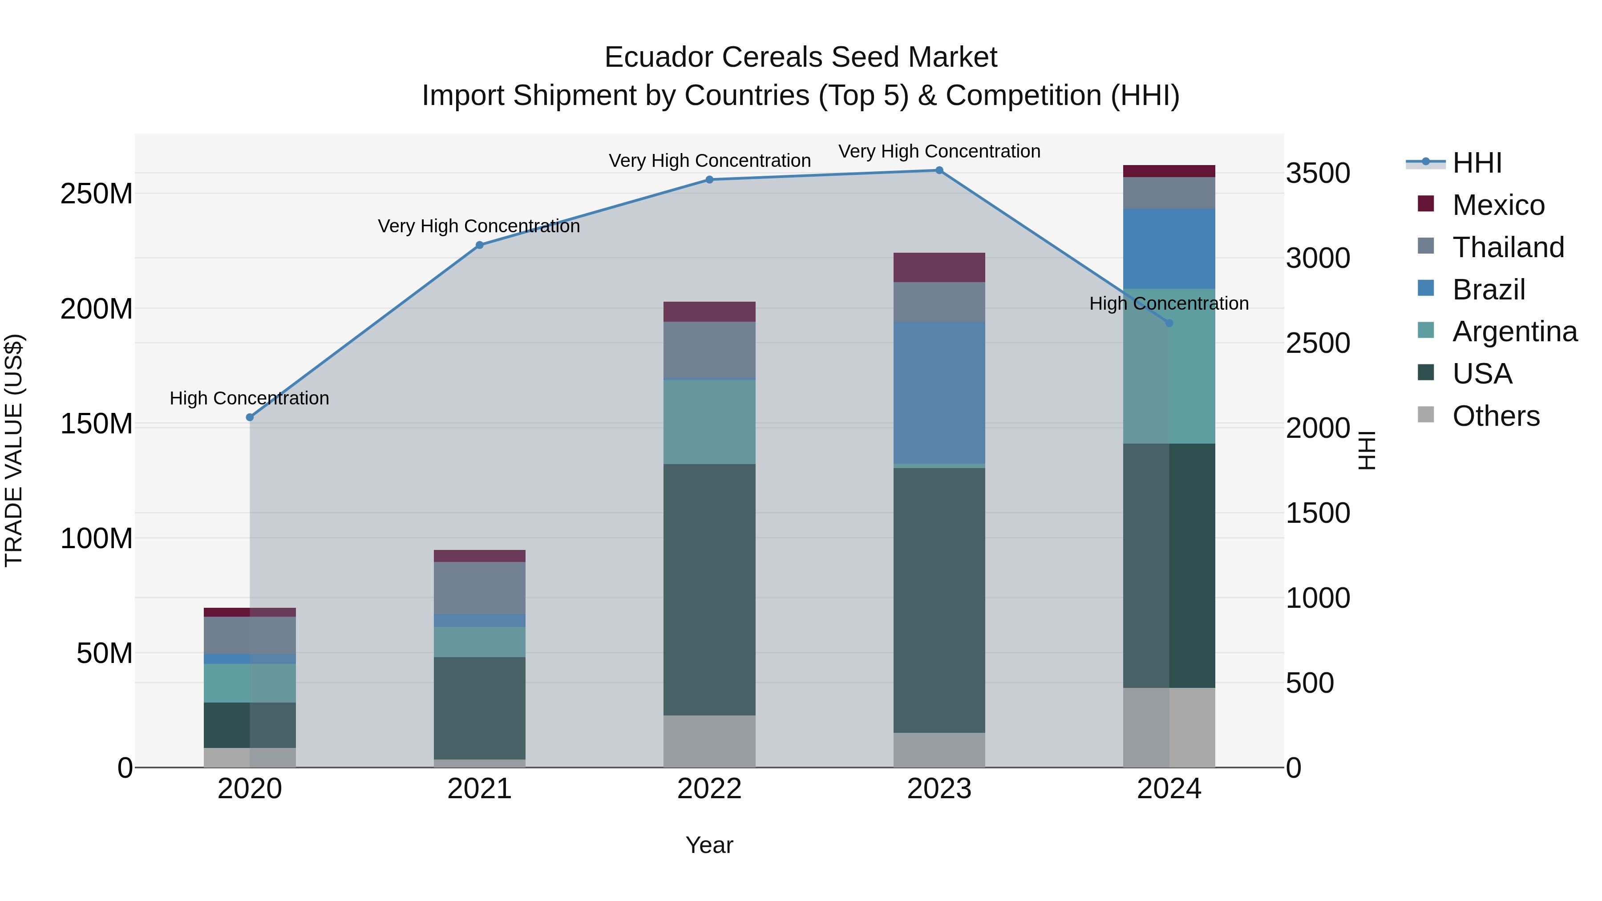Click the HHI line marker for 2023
pyautogui.click(x=939, y=170)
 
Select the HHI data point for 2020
pyautogui.click(x=250, y=417)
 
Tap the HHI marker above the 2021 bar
pyautogui.click(x=479, y=245)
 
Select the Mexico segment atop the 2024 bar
pyautogui.click(x=1169, y=171)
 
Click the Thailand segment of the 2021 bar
pyautogui.click(x=479, y=588)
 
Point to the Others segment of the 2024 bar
pyautogui.click(x=1169, y=727)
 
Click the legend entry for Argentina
pyautogui.click(x=1514, y=331)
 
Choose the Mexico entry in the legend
pyautogui.click(x=1498, y=205)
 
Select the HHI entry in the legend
pyautogui.click(x=1477, y=163)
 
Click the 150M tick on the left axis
pyautogui.click(x=97, y=424)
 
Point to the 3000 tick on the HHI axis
pyautogui.click(x=1317, y=258)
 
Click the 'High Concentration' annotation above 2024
pyautogui.click(x=1169, y=303)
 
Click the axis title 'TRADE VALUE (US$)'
pyautogui.click(x=14, y=450)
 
